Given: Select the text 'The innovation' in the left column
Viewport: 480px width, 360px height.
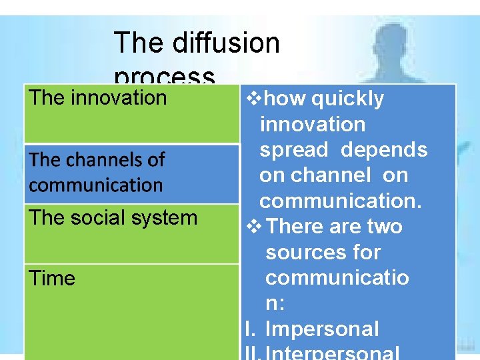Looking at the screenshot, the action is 97,98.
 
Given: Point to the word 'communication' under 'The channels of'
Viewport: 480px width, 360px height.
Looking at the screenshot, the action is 96,185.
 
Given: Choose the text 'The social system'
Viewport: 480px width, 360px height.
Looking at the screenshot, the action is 113,217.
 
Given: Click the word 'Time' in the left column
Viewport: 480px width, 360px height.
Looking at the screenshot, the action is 52,278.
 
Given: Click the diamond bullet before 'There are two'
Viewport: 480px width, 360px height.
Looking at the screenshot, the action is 256,227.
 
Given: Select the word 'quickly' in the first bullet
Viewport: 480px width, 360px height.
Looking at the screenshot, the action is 348,99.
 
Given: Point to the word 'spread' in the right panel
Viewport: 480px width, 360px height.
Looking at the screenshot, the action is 294,150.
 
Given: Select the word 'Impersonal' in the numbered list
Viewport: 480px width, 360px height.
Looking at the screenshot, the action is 322,329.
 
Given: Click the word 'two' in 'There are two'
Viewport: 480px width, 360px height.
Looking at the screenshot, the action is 383,227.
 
